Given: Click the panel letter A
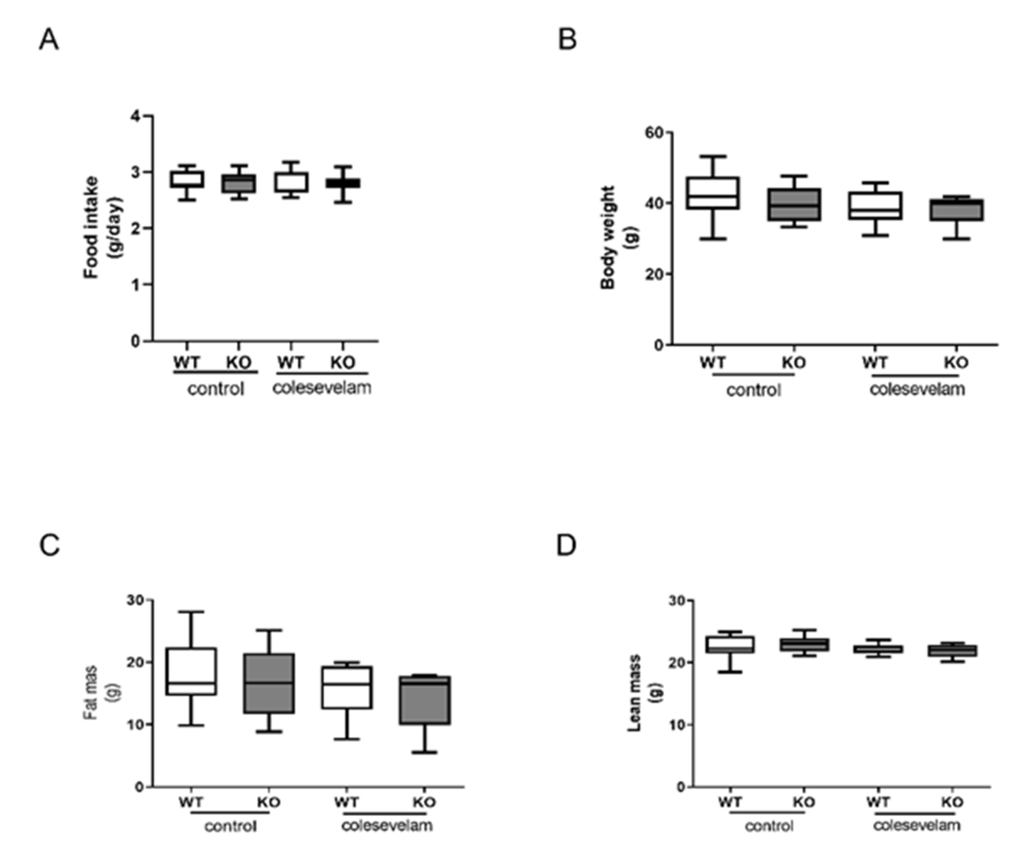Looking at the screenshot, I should (48, 40).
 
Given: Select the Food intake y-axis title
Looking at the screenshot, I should (103, 228).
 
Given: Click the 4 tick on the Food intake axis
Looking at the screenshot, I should (135, 116).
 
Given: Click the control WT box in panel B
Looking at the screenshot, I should (714, 193).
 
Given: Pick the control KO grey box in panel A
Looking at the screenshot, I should (238, 184).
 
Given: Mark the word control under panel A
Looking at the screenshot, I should (216, 390).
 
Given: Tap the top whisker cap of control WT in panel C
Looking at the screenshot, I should (191, 612).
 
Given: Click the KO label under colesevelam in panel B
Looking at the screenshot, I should (956, 363).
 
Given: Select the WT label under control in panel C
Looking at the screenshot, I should (191, 802).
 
